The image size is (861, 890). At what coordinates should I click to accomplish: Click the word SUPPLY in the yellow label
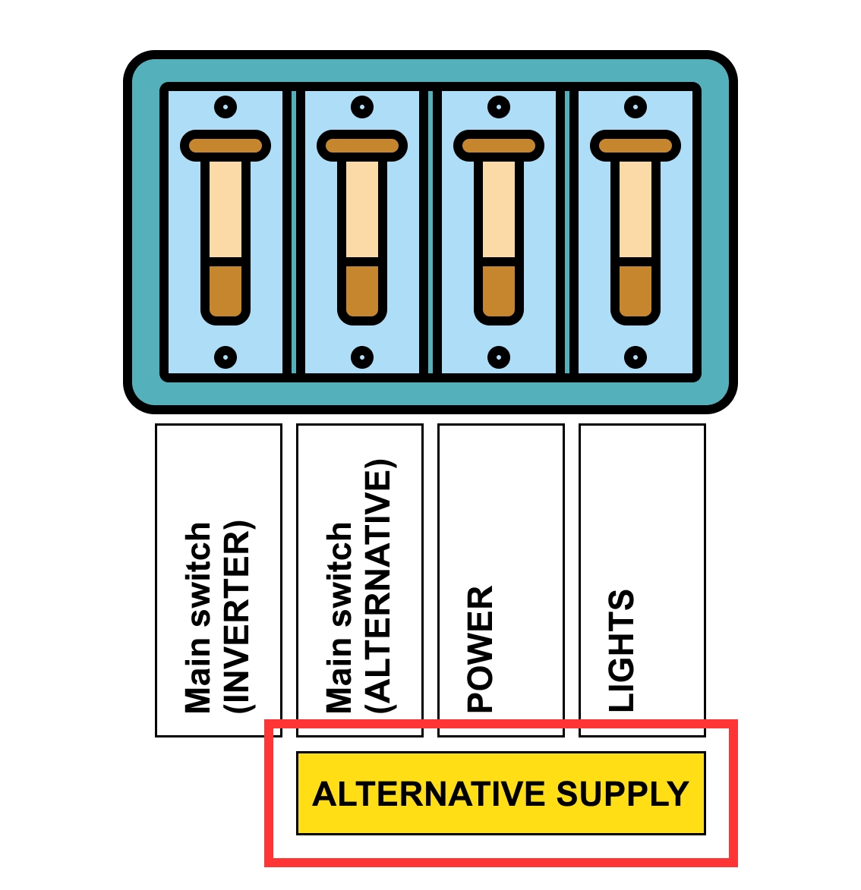pos(623,794)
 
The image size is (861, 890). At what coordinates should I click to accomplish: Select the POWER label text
pos(481,648)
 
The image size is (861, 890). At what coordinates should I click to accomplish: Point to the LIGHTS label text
pos(621,650)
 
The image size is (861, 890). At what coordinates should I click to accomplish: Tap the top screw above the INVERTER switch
pos(225,107)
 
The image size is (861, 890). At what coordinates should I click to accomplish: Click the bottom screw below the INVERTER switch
pos(225,357)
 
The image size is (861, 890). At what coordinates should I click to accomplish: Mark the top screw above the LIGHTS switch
pos(635,107)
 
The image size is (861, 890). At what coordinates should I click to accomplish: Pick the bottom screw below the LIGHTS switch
pos(635,357)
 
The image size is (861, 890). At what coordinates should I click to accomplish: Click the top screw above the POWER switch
pos(499,107)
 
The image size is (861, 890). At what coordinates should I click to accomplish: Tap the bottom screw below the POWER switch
pos(499,357)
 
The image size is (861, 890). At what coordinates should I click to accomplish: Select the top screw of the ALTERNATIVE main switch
pos(362,107)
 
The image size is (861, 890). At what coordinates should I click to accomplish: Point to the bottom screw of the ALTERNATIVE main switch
pos(362,357)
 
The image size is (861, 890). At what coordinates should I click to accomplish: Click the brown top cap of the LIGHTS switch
pos(635,146)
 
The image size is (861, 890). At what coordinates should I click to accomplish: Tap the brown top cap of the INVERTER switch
pos(225,146)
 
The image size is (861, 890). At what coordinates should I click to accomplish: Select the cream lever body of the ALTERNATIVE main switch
pos(362,209)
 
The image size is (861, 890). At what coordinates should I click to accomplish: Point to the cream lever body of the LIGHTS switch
pos(635,209)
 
